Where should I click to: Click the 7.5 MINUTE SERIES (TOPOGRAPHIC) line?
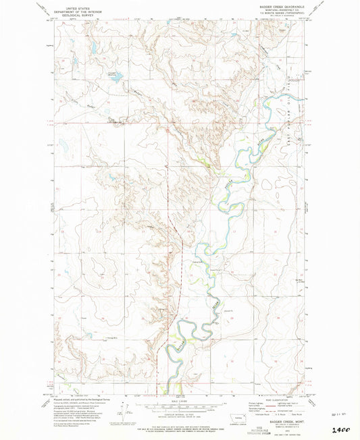click(286, 14)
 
